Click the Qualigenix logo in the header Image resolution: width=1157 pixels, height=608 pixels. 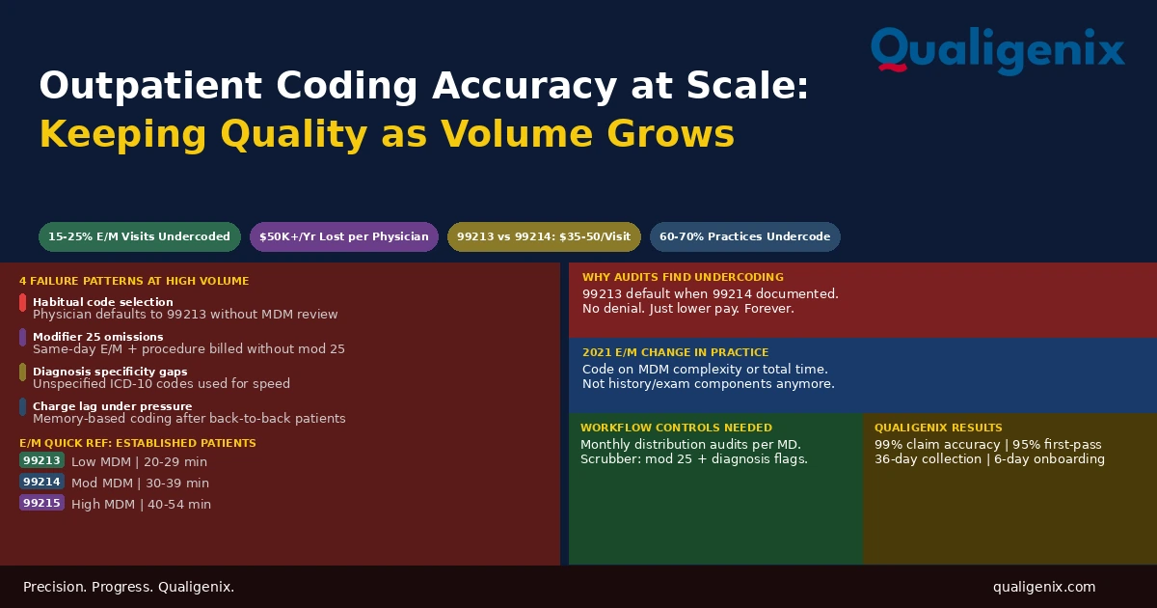click(x=997, y=50)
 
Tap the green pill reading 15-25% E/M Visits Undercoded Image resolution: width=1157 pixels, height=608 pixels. click(x=140, y=236)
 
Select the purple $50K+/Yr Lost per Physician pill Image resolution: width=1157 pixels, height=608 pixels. click(x=344, y=236)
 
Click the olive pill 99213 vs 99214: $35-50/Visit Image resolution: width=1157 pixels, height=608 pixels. click(x=544, y=236)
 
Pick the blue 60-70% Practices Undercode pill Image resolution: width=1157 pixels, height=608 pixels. click(x=744, y=236)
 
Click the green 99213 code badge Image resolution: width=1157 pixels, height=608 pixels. click(x=41, y=460)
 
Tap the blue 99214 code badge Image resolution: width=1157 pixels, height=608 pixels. click(x=41, y=482)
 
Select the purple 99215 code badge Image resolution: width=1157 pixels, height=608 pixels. click(x=41, y=503)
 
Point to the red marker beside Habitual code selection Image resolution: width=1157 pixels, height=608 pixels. click(x=23, y=303)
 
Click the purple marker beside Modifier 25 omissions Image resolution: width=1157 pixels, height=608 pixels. click(x=23, y=338)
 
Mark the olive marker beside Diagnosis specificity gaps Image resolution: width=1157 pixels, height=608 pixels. click(x=23, y=373)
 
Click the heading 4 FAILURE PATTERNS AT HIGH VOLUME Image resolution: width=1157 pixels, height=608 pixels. click(x=134, y=281)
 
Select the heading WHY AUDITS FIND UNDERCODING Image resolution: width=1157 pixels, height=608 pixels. click(x=683, y=277)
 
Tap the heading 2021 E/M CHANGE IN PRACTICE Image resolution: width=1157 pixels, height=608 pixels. click(x=676, y=352)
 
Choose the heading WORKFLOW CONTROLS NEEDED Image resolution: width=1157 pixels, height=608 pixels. click(x=676, y=428)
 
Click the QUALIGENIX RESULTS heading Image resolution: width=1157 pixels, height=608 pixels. click(x=938, y=428)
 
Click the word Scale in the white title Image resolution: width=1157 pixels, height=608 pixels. click(x=747, y=85)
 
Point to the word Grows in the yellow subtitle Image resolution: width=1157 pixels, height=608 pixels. click(x=670, y=134)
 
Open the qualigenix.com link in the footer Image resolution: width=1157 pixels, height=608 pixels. click(x=1044, y=588)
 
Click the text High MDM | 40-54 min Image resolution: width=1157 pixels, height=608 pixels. click(x=141, y=504)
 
